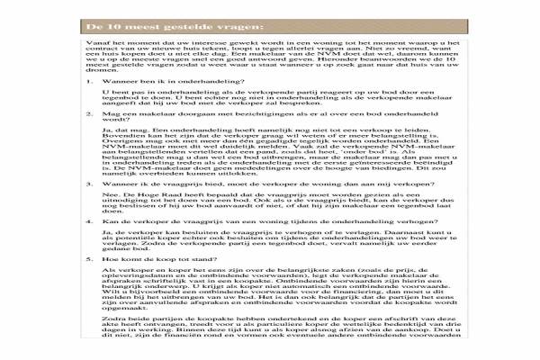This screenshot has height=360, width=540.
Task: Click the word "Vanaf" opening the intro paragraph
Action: [x=96, y=42]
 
